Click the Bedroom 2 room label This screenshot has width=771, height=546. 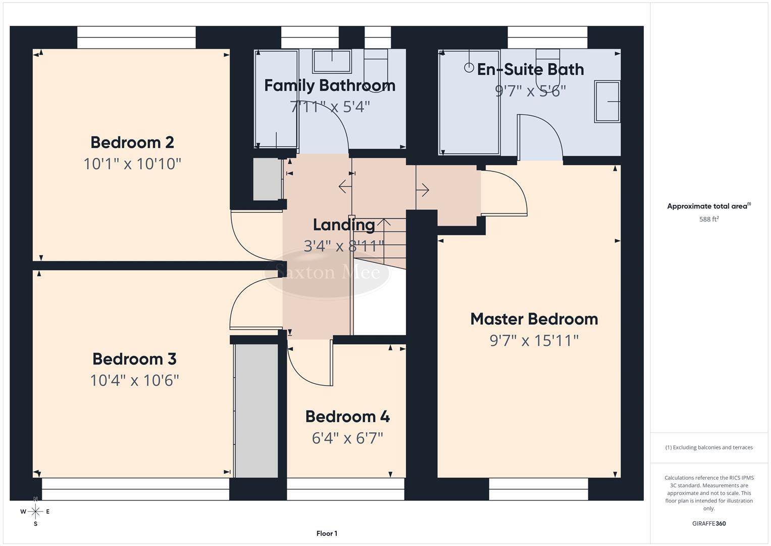tap(132, 143)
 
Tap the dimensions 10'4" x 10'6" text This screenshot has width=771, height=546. tap(134, 380)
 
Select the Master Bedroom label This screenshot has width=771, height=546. tap(534, 319)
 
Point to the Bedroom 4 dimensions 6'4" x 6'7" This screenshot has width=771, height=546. tap(347, 438)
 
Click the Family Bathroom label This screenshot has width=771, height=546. tap(330, 85)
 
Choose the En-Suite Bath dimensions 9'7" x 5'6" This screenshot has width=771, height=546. tap(530, 91)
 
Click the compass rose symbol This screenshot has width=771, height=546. tap(35, 512)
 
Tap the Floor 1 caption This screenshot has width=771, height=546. tap(327, 533)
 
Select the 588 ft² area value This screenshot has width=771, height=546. tap(709, 219)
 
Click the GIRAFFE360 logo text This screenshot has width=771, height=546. tap(709, 523)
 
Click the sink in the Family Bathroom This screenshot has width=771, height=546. tap(332, 61)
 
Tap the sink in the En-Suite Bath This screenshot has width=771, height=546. tap(607, 102)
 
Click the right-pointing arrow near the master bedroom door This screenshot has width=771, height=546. tap(423, 190)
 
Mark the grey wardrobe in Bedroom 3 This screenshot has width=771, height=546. tap(256, 411)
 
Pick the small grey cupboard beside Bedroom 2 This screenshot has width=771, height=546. tap(267, 179)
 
